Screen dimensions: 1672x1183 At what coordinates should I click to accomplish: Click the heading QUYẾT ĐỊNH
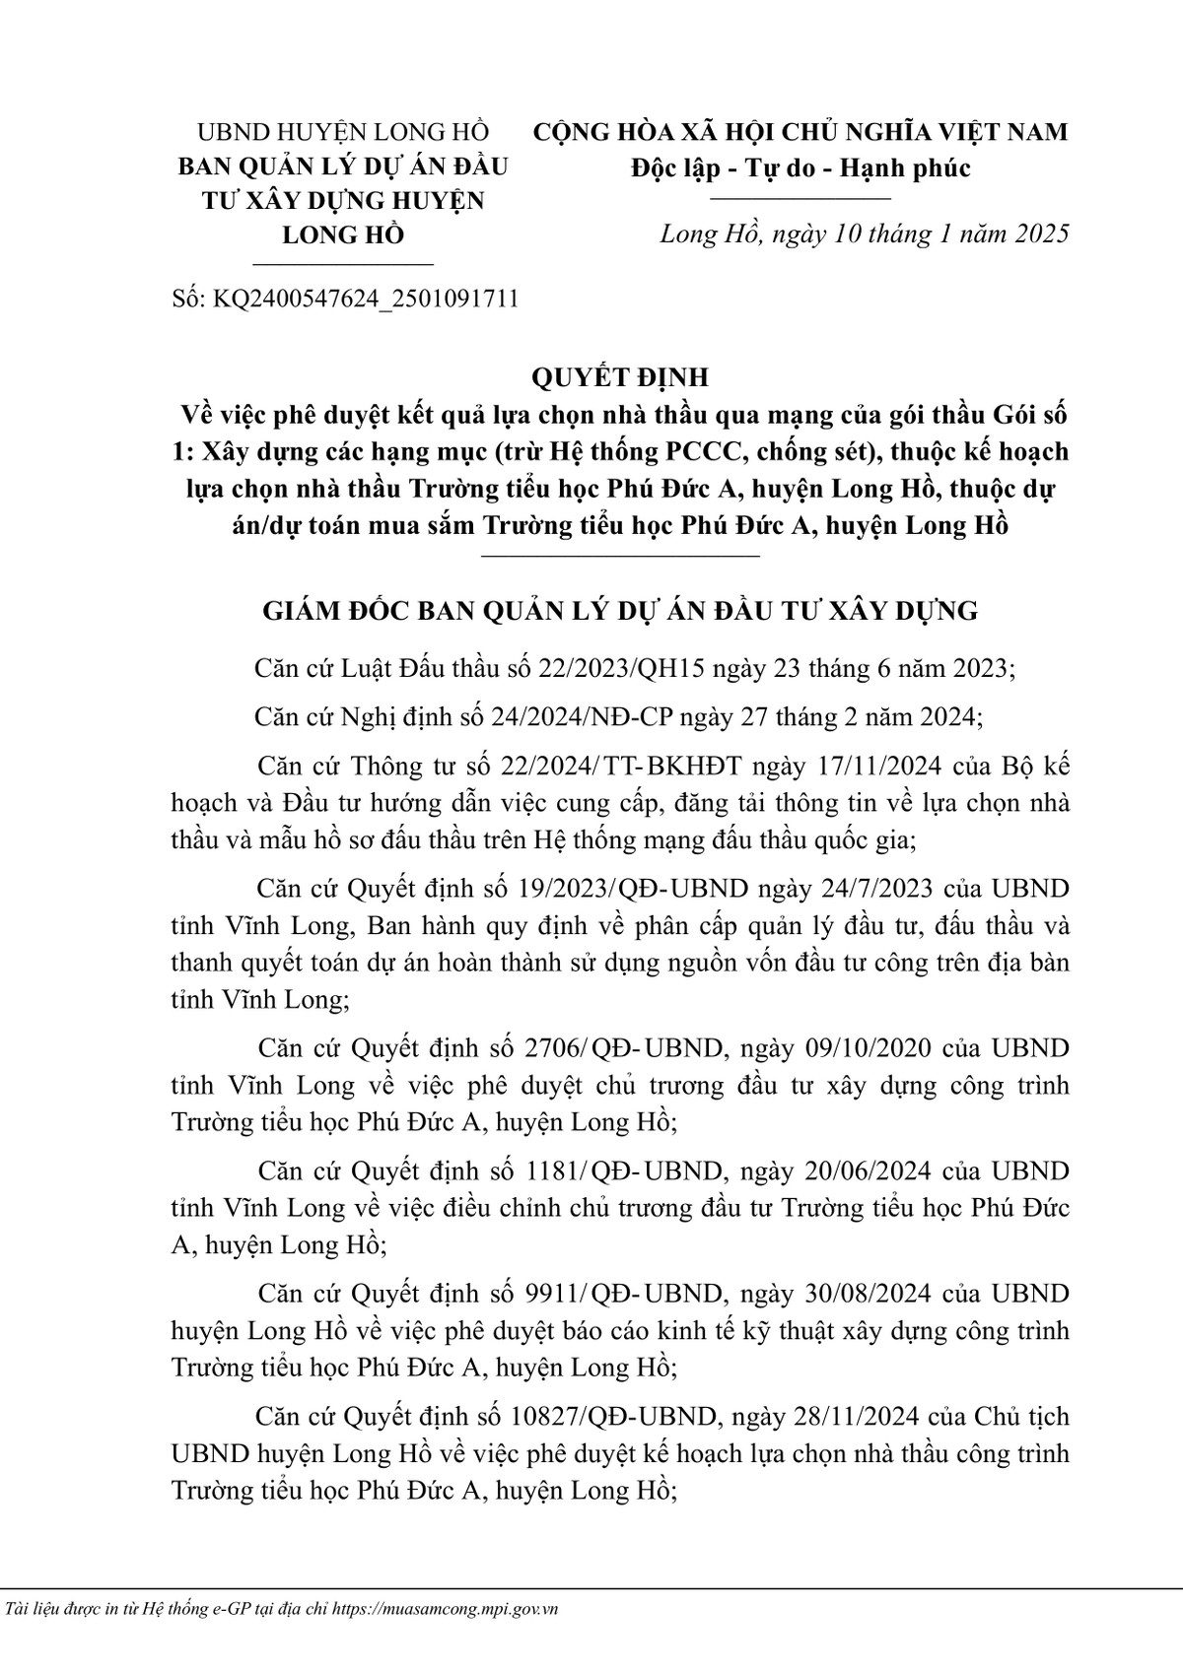(619, 378)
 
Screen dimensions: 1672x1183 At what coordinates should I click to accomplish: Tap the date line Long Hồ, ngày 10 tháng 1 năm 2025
(864, 234)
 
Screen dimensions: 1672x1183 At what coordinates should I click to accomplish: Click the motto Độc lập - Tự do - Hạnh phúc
(800, 167)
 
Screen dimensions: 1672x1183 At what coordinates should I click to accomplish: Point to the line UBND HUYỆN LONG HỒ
(343, 131)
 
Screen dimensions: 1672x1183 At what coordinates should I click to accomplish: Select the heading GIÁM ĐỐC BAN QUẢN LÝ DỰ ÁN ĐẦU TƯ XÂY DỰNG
(619, 611)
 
